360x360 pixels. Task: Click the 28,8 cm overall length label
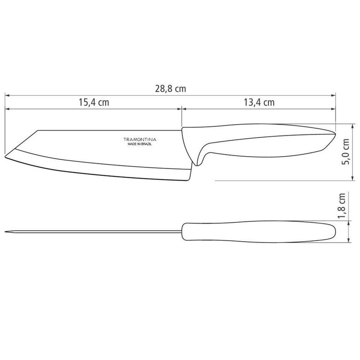point(171,89)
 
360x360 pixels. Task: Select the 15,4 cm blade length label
point(94,102)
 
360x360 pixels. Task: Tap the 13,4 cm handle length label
point(259,102)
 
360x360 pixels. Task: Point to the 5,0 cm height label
point(345,152)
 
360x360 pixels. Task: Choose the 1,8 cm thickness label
point(342,206)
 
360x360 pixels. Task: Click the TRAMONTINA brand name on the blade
point(140,139)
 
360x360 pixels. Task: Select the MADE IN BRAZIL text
point(139,144)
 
